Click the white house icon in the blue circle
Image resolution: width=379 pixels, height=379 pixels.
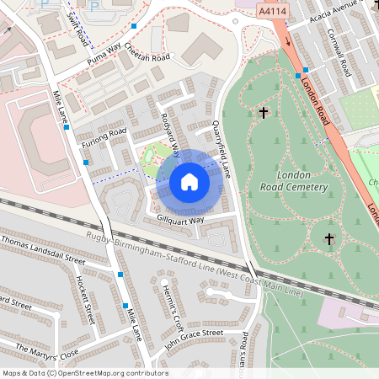point(189,181)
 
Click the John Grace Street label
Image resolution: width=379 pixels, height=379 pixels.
point(193,339)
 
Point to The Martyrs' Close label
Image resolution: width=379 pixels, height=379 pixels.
point(46,350)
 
